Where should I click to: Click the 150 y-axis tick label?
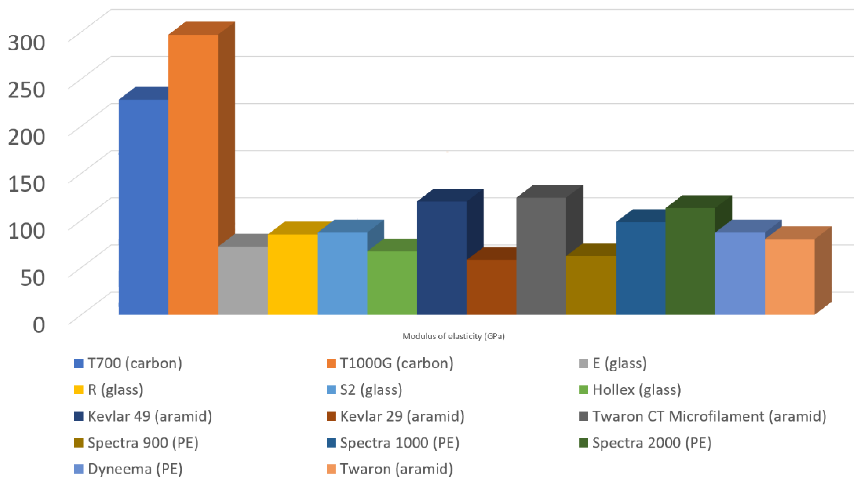point(26,184)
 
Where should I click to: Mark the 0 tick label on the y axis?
point(39,325)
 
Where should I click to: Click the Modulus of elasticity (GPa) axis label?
point(453,336)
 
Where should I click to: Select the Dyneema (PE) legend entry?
point(135,469)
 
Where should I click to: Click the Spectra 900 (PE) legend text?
point(143,442)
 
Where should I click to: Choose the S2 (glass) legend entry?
point(371,390)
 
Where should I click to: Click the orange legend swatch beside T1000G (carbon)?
point(331,363)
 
